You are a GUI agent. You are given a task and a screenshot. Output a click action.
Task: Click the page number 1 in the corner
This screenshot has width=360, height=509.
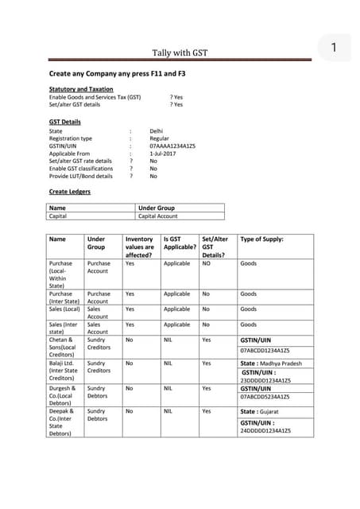335,49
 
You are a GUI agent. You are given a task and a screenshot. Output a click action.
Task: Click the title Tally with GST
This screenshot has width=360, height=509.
180,53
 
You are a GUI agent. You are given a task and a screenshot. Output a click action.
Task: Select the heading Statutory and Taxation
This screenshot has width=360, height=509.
81,89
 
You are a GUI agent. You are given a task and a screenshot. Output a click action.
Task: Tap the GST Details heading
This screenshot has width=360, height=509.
65,122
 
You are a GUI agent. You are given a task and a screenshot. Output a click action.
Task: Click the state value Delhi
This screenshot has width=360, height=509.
157,130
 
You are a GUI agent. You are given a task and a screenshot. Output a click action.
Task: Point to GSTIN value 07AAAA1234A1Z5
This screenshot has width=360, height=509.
172,146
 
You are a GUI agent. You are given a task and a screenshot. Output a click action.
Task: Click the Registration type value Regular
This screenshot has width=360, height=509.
159,138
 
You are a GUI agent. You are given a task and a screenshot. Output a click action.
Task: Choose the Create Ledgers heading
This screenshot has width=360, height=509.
70,192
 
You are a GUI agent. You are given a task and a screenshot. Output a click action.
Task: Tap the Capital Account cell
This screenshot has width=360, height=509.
158,216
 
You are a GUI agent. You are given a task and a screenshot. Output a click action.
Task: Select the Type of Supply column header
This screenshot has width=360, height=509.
261,239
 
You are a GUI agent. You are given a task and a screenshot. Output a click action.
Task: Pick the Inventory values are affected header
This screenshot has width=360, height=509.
140,247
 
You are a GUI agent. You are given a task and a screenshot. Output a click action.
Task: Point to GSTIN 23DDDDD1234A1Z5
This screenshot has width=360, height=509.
265,380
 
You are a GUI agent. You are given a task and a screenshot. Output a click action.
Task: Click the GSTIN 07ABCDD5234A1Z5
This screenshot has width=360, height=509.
265,396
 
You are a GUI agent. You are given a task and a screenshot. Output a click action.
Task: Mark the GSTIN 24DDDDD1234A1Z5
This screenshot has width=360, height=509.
265,430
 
